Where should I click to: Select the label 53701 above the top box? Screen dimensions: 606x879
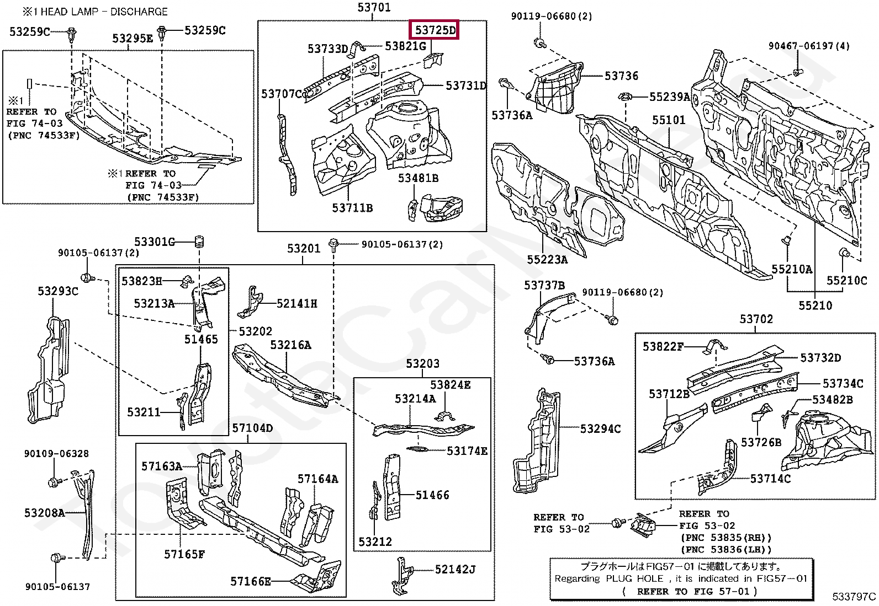[374, 8]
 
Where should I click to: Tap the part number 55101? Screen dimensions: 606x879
[668, 120]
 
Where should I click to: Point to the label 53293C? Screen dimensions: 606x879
[58, 291]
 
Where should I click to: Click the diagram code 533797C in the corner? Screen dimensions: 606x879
[854, 597]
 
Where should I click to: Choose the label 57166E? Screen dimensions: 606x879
[251, 581]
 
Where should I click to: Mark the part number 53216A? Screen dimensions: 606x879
[290, 345]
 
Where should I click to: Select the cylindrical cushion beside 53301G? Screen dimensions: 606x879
[199, 242]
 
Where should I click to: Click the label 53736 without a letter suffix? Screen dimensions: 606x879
[621, 76]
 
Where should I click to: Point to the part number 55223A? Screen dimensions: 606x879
[547, 259]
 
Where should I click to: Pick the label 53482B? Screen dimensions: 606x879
[832, 399]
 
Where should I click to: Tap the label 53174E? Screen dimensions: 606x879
[467, 451]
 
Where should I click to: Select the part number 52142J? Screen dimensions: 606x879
[455, 569]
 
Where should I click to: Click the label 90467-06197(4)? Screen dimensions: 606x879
[809, 46]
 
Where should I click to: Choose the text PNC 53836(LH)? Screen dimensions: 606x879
[726, 549]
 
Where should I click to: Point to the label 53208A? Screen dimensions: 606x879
[44, 513]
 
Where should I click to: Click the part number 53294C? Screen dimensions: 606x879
[600, 428]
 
